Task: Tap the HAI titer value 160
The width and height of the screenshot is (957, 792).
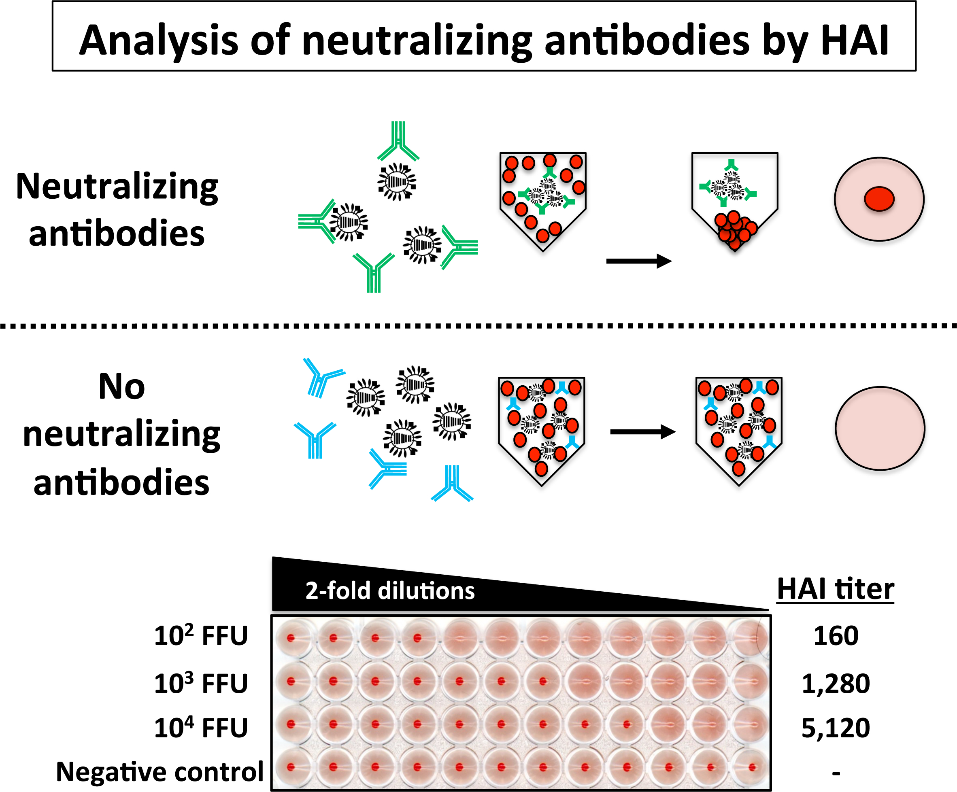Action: click(x=836, y=636)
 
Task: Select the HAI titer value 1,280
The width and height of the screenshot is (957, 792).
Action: click(x=836, y=684)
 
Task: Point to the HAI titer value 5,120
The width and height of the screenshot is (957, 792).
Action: click(x=836, y=728)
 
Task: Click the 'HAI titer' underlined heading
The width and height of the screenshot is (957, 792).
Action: click(x=835, y=589)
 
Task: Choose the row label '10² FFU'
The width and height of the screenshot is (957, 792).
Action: click(x=201, y=636)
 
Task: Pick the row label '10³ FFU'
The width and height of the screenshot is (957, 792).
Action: click(x=201, y=684)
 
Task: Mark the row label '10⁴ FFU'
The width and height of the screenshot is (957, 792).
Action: click(x=201, y=728)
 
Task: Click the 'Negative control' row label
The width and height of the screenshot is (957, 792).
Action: click(x=159, y=771)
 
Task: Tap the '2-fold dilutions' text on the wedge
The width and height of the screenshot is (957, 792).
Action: click(x=389, y=590)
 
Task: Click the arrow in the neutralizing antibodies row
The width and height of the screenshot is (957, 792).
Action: click(x=638, y=261)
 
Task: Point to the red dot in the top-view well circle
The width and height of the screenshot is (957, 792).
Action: click(x=879, y=199)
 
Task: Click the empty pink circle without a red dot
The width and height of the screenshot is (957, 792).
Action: click(x=880, y=428)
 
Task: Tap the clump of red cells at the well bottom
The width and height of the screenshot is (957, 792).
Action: click(x=735, y=230)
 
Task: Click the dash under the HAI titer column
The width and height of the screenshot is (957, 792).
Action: click(x=836, y=773)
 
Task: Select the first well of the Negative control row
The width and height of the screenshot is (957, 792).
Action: click(x=291, y=767)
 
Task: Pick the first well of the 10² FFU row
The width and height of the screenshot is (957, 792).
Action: click(x=291, y=638)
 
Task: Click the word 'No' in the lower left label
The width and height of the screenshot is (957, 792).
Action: click(x=122, y=386)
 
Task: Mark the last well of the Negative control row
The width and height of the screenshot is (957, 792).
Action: click(x=751, y=767)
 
